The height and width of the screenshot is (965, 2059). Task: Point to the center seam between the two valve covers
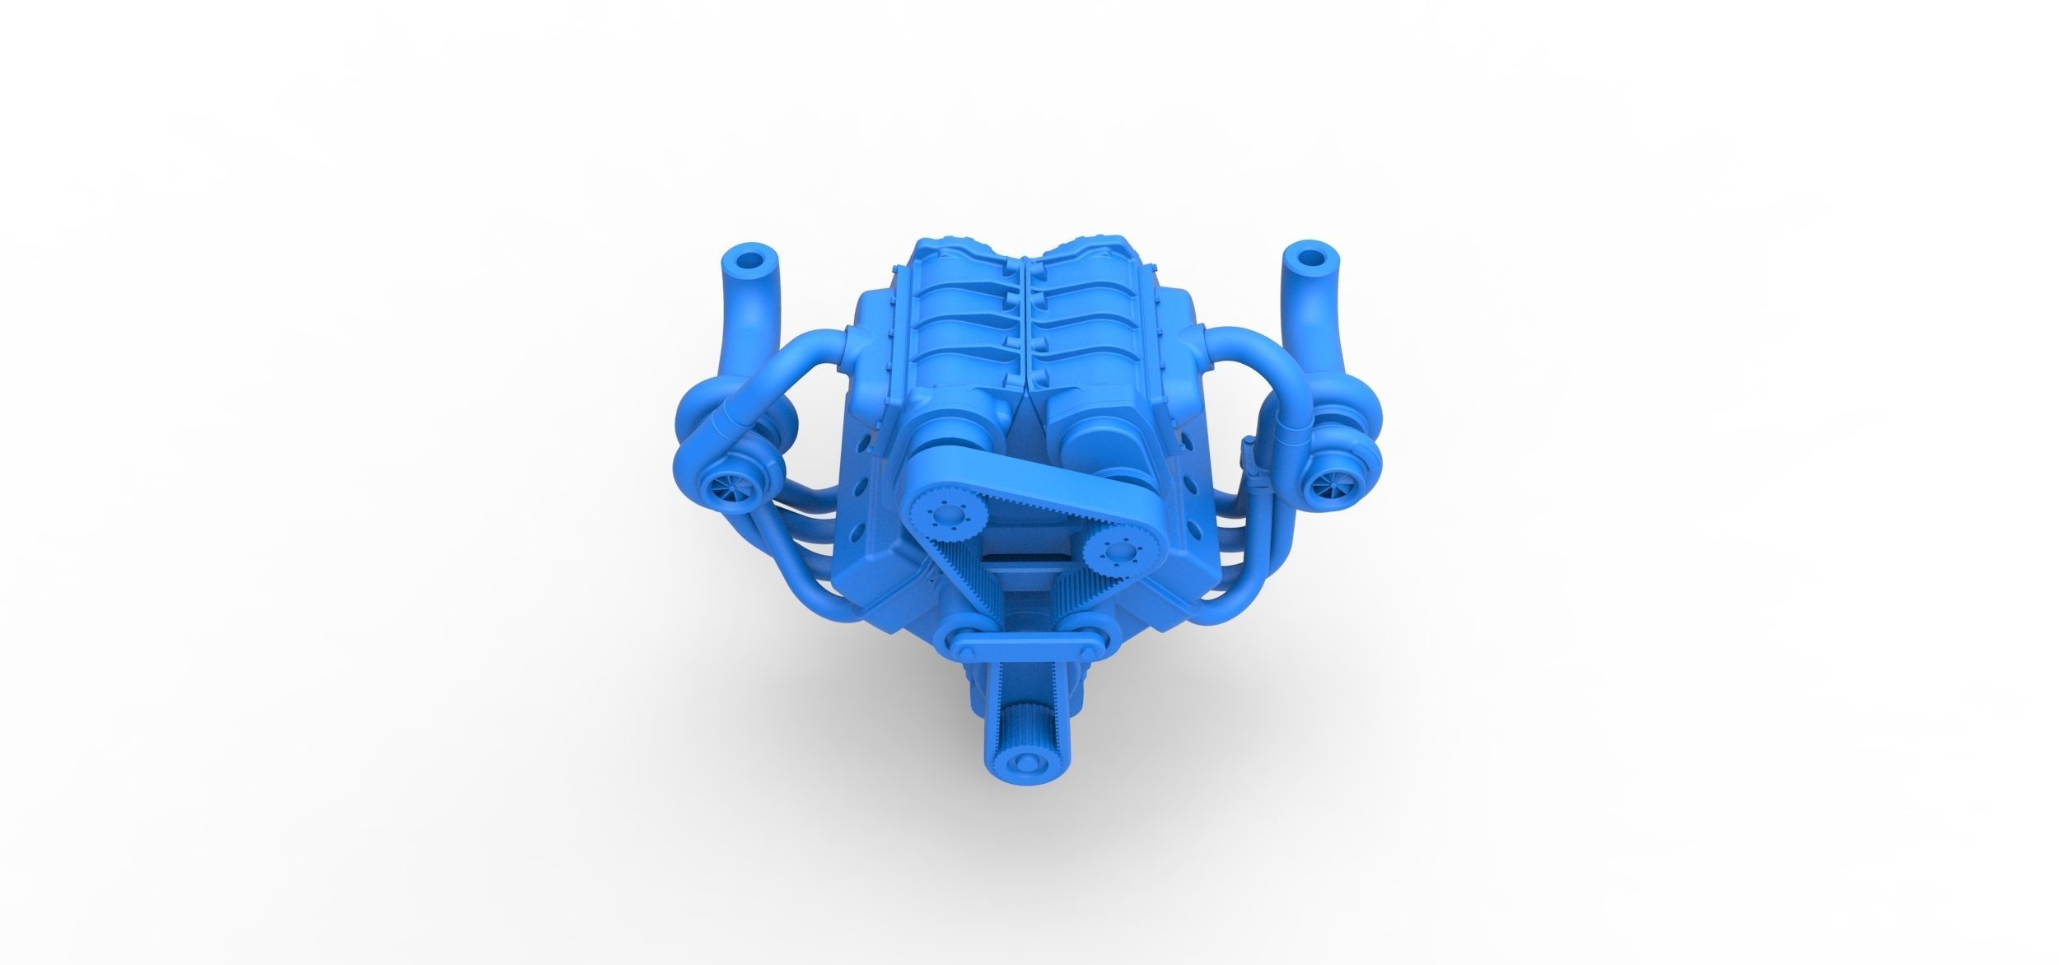coord(1025,321)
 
